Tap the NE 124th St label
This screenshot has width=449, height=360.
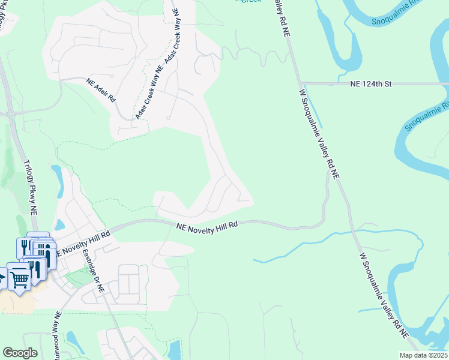pyautogui.click(x=371, y=85)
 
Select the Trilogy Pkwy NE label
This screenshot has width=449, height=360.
pyautogui.click(x=29, y=187)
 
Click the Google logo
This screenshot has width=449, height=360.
pyautogui.click(x=20, y=353)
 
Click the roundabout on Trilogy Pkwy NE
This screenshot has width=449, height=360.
pyautogui.click(x=10, y=113)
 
